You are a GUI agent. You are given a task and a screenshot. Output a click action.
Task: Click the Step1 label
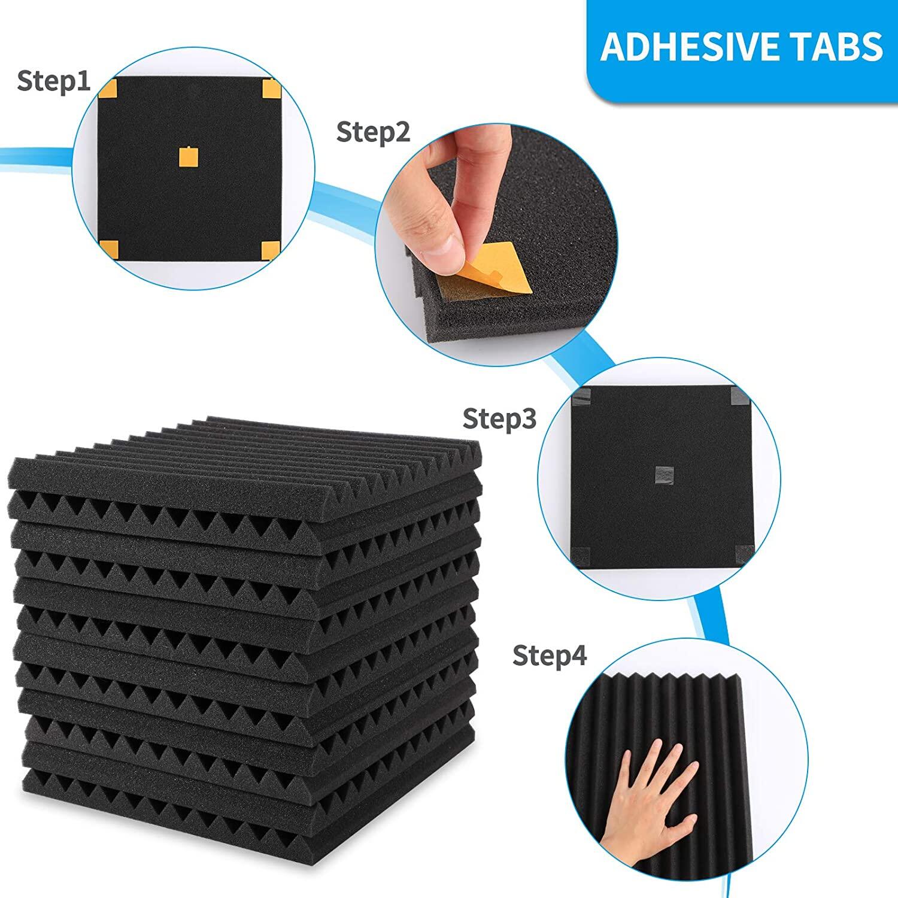click(54, 81)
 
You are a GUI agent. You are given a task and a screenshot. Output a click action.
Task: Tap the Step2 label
click(374, 132)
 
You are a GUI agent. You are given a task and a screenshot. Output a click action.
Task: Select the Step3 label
click(500, 419)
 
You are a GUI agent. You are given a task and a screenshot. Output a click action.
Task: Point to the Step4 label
click(550, 656)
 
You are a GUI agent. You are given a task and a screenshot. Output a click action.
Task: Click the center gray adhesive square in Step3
click(665, 476)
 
